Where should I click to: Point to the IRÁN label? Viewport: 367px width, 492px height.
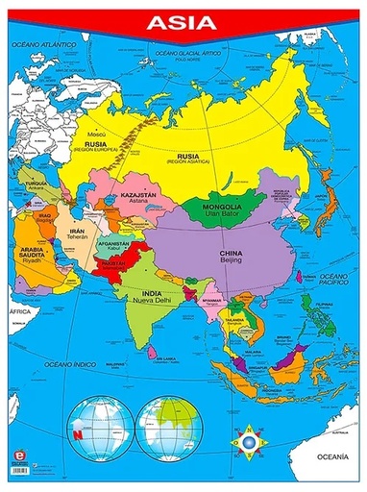point(79,232)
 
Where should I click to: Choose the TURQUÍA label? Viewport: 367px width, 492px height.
point(37,184)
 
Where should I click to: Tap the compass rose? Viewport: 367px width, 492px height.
point(249,441)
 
